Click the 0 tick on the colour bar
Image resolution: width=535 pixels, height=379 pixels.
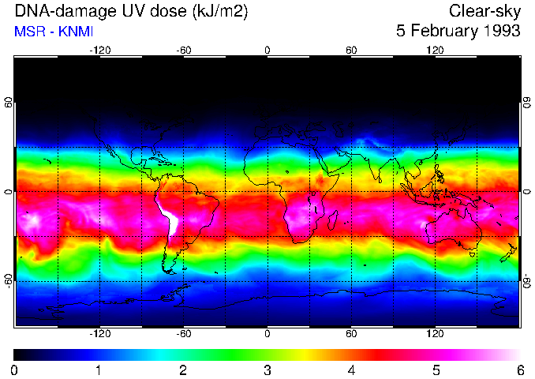coord(15,370)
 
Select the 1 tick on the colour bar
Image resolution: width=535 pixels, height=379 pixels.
coord(99,370)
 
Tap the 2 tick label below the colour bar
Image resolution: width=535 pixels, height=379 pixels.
coord(183,370)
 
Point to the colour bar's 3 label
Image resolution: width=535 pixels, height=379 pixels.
coord(267,370)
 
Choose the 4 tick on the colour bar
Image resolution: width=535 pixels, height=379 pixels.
coord(351,370)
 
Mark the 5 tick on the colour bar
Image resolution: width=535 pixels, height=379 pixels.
coord(436,370)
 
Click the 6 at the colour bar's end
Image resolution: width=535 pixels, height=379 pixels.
coord(519,370)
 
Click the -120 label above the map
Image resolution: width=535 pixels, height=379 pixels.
coord(99,51)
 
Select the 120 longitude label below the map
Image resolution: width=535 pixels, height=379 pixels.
coord(436,334)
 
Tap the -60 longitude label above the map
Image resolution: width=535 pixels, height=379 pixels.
coord(184,51)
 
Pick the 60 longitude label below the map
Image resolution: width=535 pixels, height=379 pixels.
coord(351,334)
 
